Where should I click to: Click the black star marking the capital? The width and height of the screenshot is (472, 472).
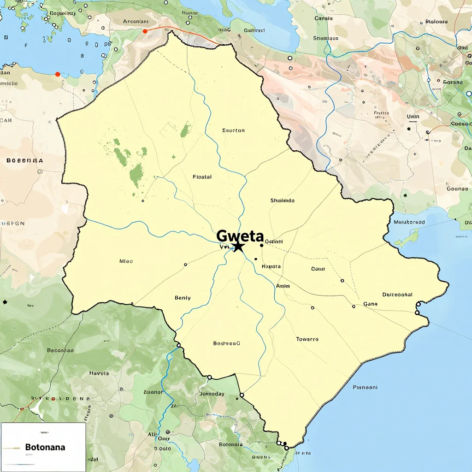pos(238,246)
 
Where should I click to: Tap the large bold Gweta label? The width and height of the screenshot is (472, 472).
pos(240,236)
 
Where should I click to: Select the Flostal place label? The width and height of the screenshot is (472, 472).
pos(202,177)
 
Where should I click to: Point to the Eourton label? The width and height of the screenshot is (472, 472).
pos(233,130)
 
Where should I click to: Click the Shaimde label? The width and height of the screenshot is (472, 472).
pos(282,201)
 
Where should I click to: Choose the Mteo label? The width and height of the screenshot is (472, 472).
pos(126,261)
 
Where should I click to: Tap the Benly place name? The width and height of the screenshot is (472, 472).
pos(183,298)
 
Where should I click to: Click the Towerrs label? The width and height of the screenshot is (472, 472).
pos(307,339)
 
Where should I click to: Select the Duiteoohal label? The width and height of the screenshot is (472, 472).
pos(397,295)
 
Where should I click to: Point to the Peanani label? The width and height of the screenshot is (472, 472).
pos(365,387)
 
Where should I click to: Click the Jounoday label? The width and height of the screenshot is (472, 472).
pos(212,394)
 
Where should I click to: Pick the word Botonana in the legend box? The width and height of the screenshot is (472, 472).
pos(45,447)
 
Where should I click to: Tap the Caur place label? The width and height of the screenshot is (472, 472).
pos(318,269)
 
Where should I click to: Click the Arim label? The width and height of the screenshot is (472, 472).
pos(283,286)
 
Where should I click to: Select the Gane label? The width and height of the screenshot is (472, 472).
pos(370,304)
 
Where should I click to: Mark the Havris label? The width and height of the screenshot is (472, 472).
pos(99,373)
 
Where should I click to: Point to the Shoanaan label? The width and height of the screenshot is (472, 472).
pos(325,39)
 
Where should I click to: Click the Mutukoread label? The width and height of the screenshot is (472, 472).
pos(409,222)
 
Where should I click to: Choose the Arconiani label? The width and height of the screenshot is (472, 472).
pos(136,21)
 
